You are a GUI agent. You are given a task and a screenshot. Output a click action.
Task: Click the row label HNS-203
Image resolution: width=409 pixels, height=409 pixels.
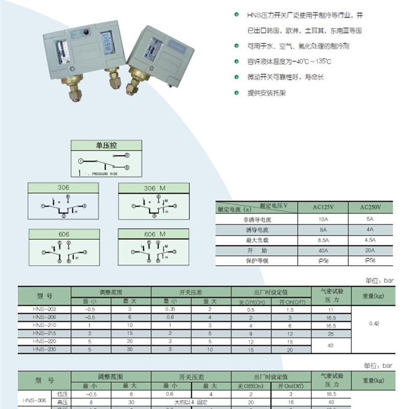(x=44, y=310)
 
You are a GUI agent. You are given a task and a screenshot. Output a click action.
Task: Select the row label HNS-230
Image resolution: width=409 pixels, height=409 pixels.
(x=44, y=350)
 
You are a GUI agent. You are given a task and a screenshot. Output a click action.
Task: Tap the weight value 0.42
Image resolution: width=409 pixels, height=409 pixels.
(x=374, y=324)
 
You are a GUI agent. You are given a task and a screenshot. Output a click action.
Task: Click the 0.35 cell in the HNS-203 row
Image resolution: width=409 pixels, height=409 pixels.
(x=170, y=310)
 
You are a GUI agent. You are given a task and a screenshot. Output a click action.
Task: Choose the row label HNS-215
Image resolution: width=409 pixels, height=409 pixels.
(x=44, y=333)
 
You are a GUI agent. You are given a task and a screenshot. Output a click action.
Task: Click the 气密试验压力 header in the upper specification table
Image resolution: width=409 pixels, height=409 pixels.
(x=332, y=296)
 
